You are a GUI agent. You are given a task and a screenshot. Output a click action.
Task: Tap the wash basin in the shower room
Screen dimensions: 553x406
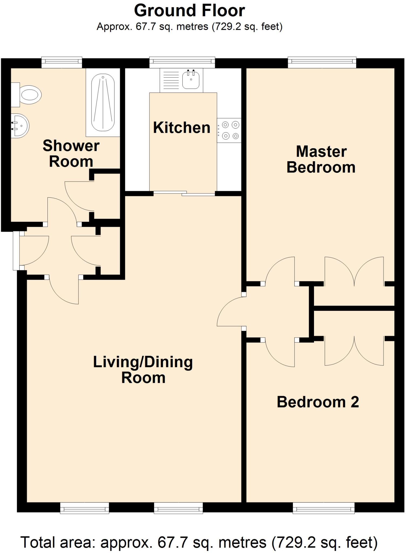(20, 126)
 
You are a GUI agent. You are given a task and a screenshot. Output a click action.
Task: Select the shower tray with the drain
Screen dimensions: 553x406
(103, 103)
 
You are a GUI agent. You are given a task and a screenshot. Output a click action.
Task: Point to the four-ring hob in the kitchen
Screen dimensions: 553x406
(229, 130)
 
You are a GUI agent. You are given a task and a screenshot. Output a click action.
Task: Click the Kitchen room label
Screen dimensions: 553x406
(182, 127)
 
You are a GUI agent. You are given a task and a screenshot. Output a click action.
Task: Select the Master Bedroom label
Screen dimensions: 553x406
(321, 159)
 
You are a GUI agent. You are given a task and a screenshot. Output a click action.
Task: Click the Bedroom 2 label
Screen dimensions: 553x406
(318, 402)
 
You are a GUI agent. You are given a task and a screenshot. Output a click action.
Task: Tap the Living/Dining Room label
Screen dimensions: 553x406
(143, 370)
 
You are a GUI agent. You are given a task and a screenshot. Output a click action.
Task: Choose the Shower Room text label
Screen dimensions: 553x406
(71, 153)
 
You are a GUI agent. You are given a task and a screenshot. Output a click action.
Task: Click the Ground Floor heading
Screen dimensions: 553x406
(189, 11)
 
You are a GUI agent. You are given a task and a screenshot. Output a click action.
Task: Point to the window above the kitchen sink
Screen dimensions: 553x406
(182, 62)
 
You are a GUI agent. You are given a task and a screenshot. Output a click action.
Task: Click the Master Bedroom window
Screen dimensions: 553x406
(322, 62)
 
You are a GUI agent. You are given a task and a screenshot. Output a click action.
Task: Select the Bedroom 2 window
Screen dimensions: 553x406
(323, 508)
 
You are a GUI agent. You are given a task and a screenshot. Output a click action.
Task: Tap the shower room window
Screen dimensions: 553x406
(62, 62)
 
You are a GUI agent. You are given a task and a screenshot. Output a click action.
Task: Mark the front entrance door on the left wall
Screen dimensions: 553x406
(16, 251)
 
